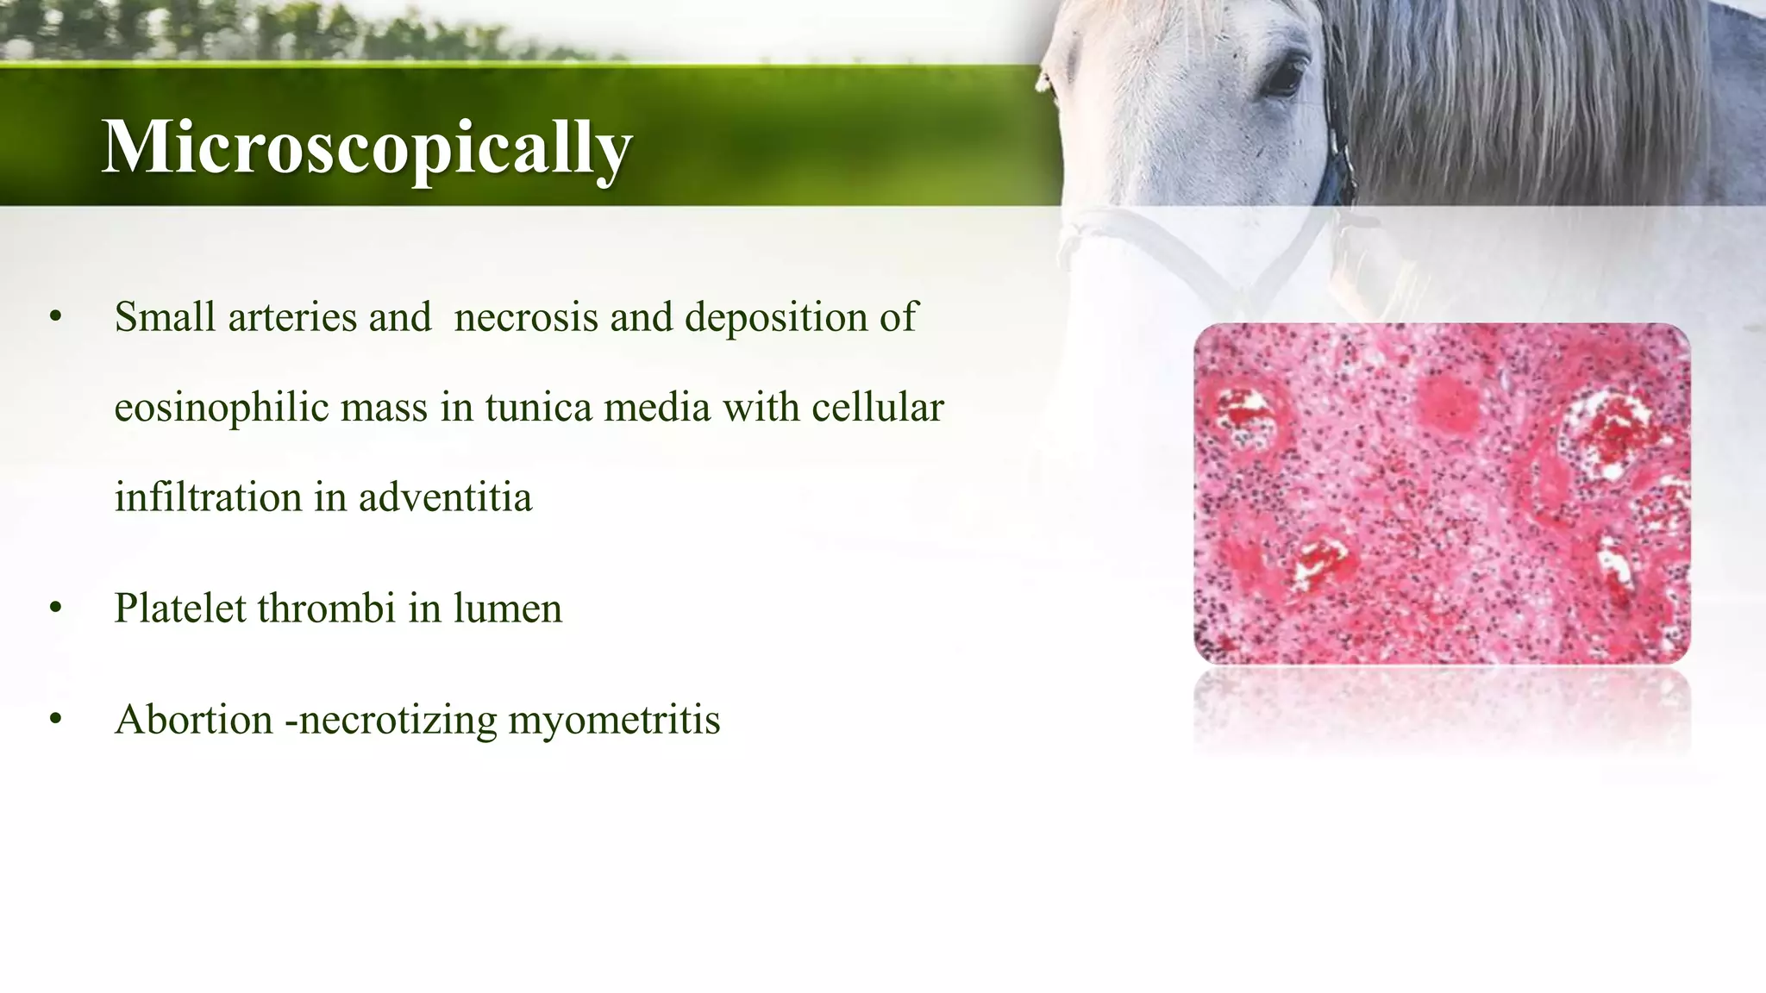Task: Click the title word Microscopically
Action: (x=367, y=147)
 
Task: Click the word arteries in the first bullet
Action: (x=293, y=317)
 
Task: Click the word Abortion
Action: (x=194, y=720)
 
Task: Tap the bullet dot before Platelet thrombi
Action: (x=56, y=609)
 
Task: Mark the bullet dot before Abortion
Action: (x=56, y=720)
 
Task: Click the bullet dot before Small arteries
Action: (x=56, y=318)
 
